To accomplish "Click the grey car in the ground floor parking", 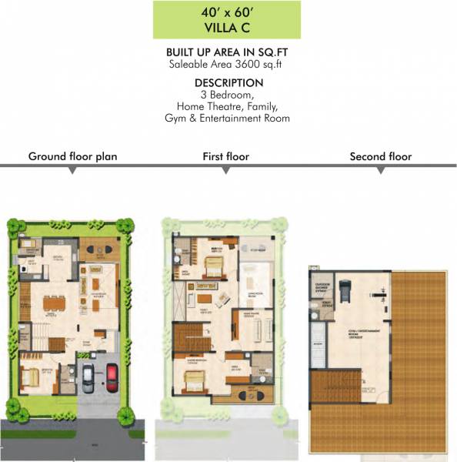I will (88, 379).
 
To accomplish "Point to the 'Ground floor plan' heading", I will (72, 156).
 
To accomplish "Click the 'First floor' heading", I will (225, 156).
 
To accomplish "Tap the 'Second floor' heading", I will (380, 156).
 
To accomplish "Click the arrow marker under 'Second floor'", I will (380, 170).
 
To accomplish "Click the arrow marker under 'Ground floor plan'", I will (72, 170).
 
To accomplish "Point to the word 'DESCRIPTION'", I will (228, 82).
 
